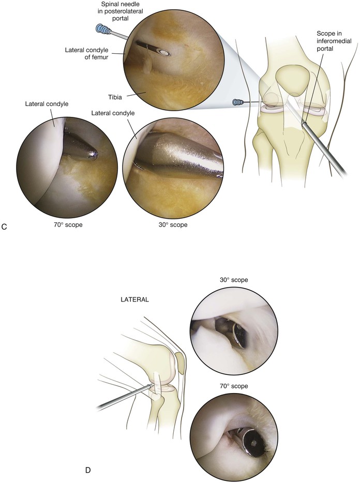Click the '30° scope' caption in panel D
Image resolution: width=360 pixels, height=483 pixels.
point(234,280)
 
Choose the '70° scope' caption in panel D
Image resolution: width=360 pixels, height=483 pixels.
point(234,386)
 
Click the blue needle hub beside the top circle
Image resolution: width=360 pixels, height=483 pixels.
point(101,31)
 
